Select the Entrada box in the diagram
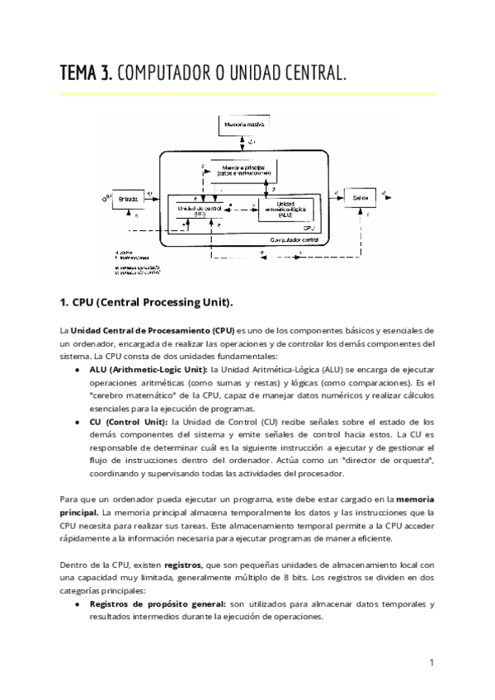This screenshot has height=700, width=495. (x=130, y=198)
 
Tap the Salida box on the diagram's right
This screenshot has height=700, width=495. (x=356, y=198)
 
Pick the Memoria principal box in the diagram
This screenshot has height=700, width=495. (x=243, y=171)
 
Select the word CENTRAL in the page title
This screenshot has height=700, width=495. (x=313, y=74)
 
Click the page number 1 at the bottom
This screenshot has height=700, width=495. (x=432, y=662)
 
